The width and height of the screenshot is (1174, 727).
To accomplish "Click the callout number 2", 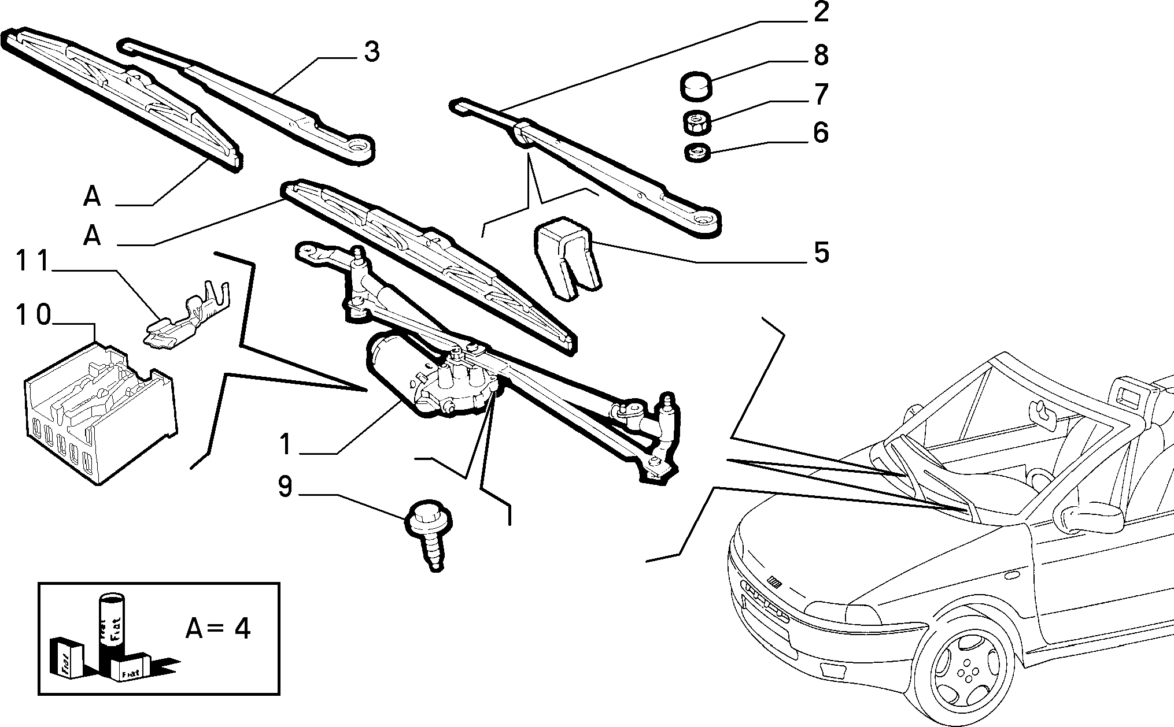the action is (x=821, y=13).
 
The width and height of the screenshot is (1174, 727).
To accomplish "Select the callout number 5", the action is (x=821, y=253).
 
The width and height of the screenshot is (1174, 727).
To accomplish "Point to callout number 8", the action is (x=821, y=55).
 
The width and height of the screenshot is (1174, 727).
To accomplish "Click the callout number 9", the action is (x=285, y=487).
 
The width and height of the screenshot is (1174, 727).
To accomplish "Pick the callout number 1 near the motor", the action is (x=285, y=445).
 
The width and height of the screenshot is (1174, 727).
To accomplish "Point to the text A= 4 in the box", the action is (x=218, y=628).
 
